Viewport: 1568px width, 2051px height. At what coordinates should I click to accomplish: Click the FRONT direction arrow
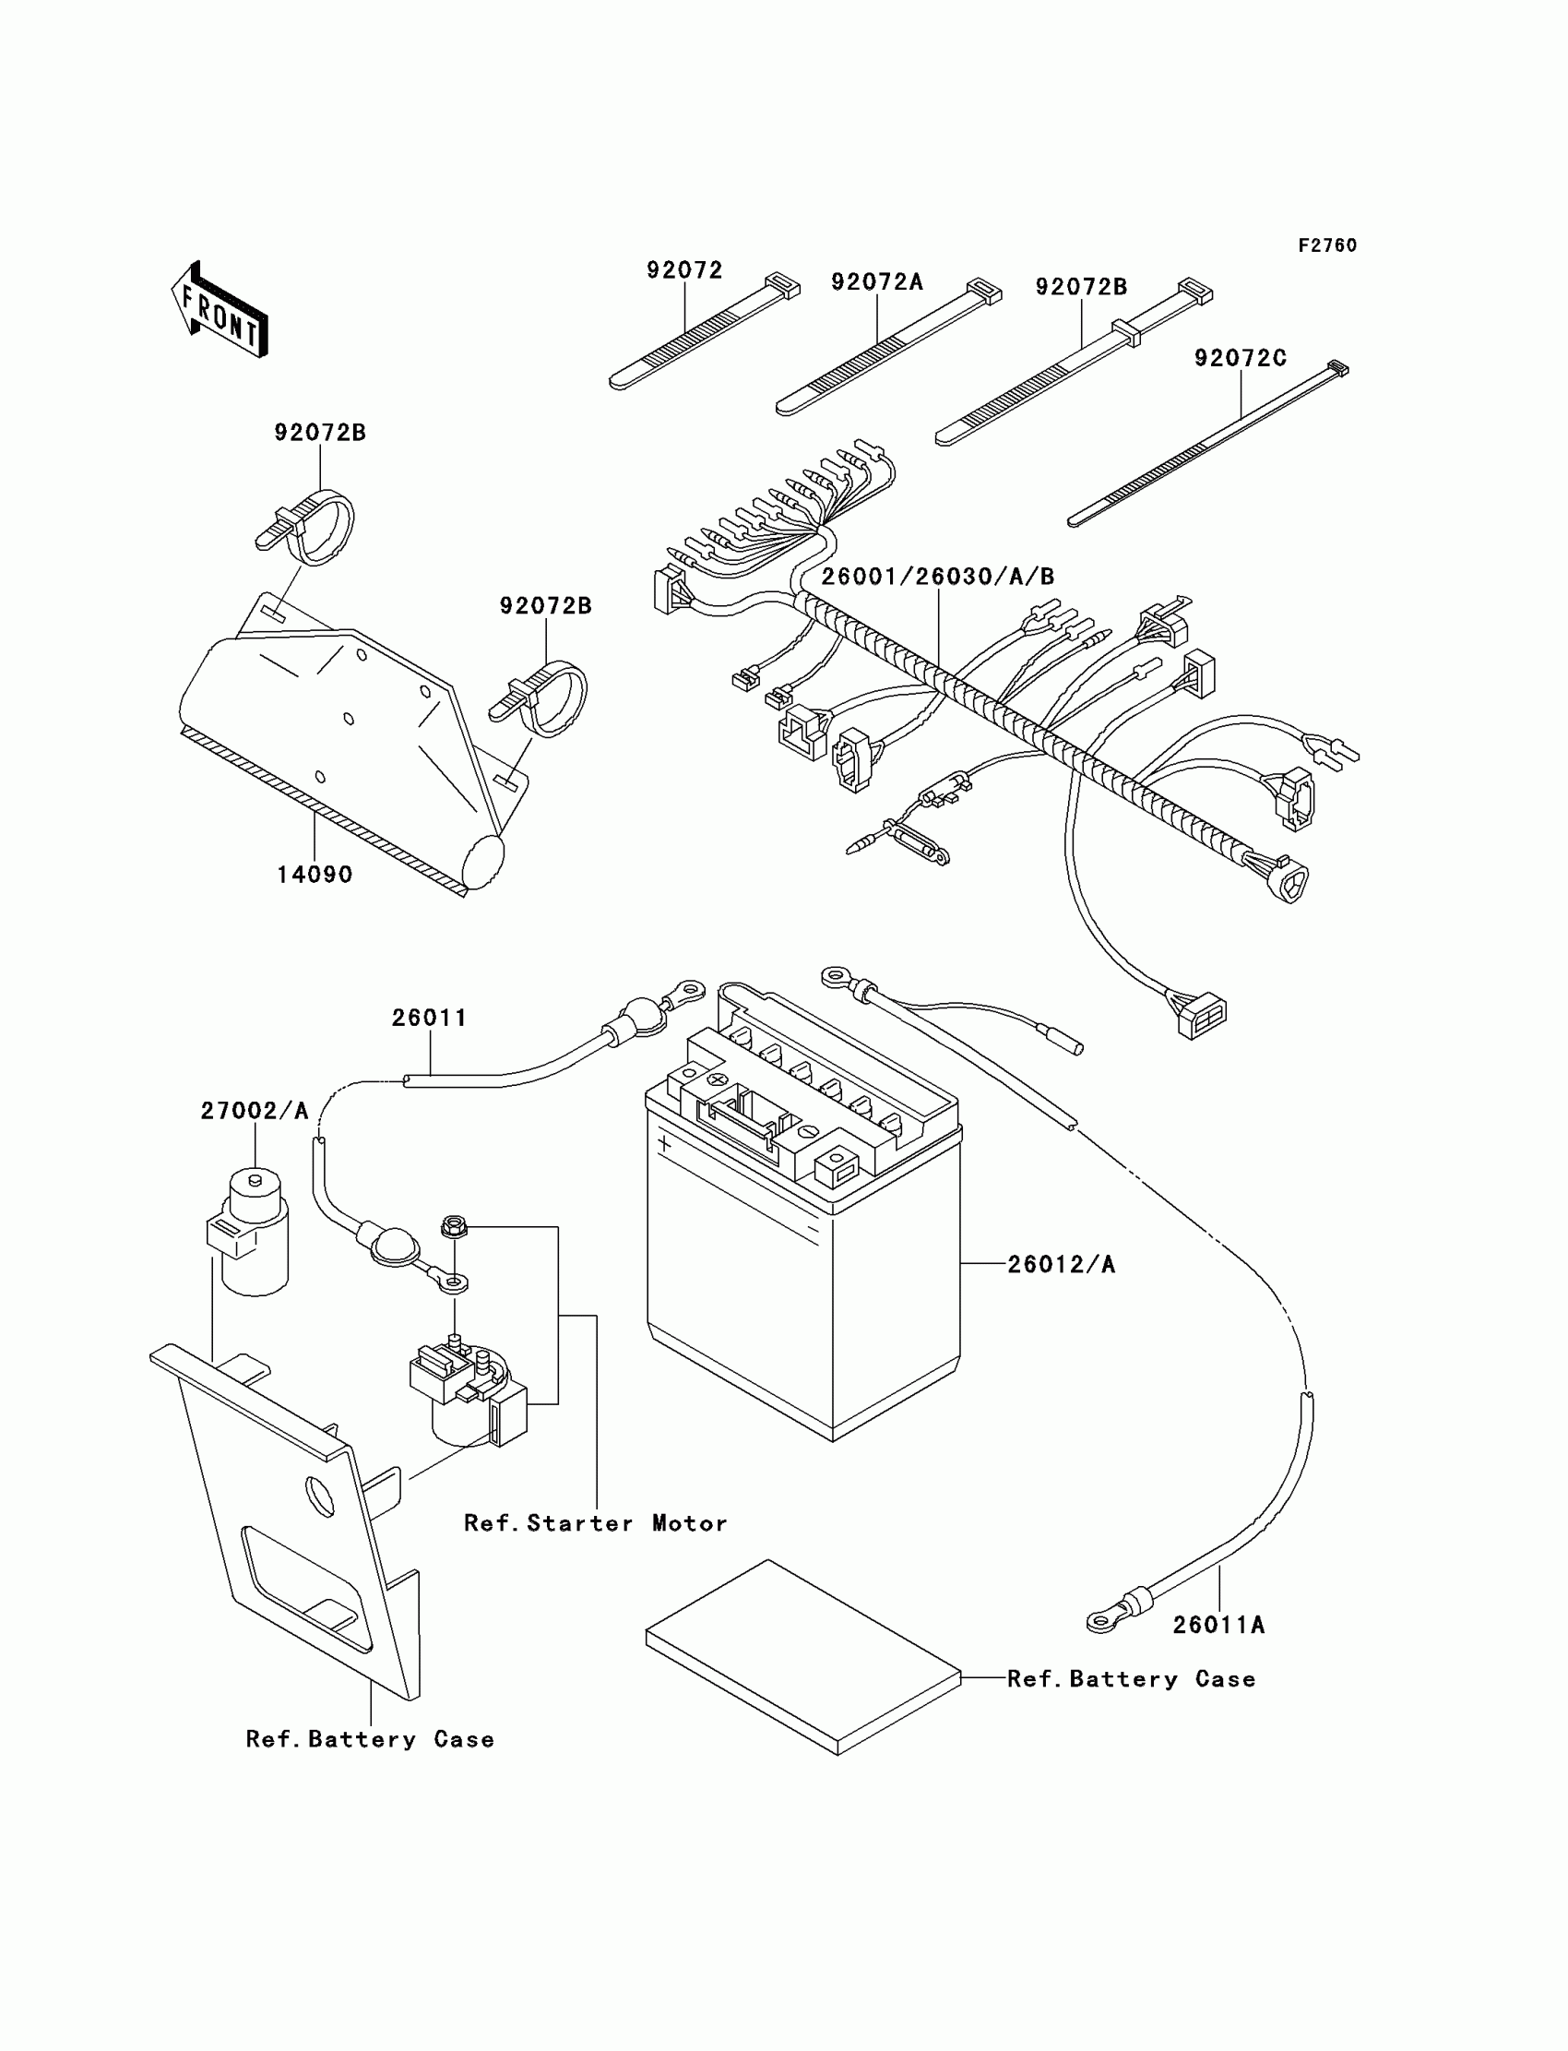pos(220,309)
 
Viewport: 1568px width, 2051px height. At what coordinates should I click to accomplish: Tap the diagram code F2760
pos(1327,245)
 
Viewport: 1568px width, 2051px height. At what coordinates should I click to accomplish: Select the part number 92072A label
pos(876,282)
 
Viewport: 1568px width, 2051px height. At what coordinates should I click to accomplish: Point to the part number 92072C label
pos(1241,359)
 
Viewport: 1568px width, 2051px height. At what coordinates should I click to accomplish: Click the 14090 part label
pos(315,875)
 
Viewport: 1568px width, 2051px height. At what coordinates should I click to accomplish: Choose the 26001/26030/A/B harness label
pos(938,577)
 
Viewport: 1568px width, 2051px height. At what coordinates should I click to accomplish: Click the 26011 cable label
pos(429,1018)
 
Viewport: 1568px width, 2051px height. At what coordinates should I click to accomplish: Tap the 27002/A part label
pos(255,1111)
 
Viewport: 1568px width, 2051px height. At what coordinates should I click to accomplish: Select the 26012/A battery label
pos(1062,1264)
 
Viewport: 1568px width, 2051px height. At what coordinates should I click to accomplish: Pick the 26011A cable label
pos(1219,1626)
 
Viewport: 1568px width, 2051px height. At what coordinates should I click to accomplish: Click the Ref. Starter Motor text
pos(596,1523)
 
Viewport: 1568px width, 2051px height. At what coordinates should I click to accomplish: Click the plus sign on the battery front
pos(664,1142)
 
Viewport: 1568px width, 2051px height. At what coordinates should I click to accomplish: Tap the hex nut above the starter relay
pos(454,1225)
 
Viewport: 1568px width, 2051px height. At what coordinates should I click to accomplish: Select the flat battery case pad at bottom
pos(803,1657)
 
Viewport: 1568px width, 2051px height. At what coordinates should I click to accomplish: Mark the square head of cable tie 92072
pos(782,285)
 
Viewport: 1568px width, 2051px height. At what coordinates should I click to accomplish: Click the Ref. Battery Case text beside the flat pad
pos(1131,1679)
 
